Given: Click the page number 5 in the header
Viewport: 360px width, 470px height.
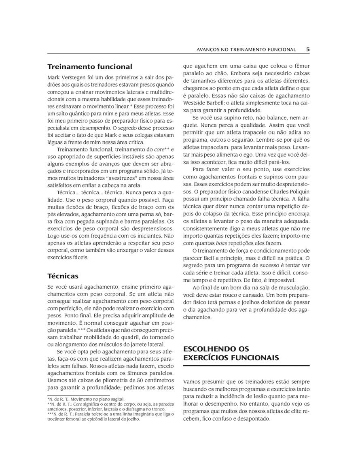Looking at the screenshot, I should (308, 49).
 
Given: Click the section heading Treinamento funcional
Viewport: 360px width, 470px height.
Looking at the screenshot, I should (90, 66).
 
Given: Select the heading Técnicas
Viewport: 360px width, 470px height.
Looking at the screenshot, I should (63, 276).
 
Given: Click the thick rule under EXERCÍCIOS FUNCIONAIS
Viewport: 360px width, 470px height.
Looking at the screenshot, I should (246, 366).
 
